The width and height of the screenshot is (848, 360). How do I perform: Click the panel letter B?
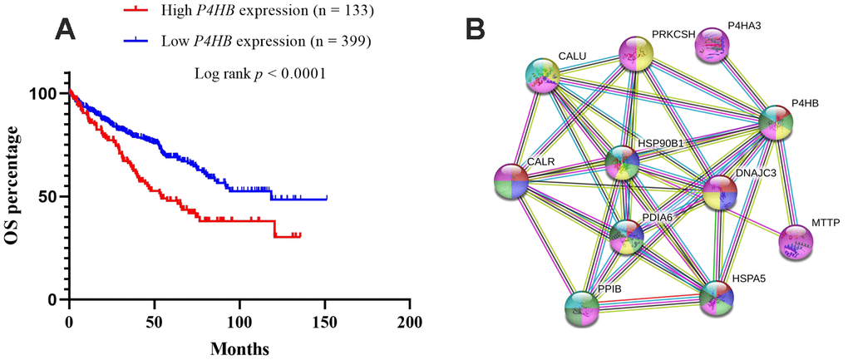[x=475, y=29]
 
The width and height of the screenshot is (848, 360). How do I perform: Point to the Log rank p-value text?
[x=259, y=73]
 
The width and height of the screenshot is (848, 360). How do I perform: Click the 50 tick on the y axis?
[x=53, y=197]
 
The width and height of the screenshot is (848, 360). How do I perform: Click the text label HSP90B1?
[x=661, y=143]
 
